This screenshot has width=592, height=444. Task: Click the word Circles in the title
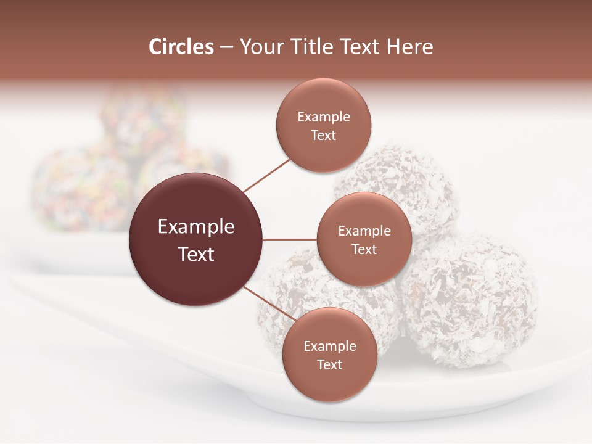tap(181, 47)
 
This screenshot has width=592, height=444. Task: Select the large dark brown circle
tap(196, 239)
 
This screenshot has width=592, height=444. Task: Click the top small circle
tap(324, 125)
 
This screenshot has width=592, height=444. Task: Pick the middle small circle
tap(364, 239)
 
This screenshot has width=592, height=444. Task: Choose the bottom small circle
tap(329, 355)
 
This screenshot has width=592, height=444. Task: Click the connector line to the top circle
tap(267, 175)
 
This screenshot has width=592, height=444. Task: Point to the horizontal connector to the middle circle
tap(290, 239)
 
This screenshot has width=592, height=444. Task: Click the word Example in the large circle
tap(196, 227)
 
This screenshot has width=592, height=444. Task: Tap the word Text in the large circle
tap(196, 254)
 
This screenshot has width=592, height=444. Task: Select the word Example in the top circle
tap(324, 117)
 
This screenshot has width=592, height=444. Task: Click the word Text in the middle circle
tap(364, 249)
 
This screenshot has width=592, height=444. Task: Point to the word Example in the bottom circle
tap(329, 346)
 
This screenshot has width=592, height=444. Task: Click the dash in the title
tap(226, 47)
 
